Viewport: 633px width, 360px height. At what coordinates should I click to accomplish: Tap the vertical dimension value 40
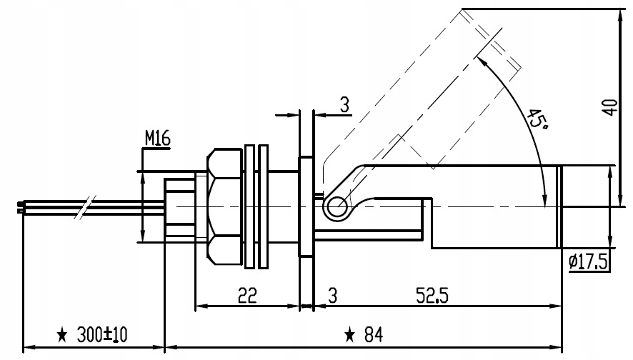(x=609, y=107)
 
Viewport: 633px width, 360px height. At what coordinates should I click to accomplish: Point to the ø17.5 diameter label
(x=589, y=263)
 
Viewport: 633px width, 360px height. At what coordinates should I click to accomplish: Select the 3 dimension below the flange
(x=332, y=295)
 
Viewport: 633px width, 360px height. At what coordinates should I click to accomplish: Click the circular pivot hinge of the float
(x=334, y=208)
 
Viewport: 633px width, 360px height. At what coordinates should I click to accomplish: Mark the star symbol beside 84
(x=350, y=334)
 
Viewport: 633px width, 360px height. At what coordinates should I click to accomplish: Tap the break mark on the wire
(x=85, y=208)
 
